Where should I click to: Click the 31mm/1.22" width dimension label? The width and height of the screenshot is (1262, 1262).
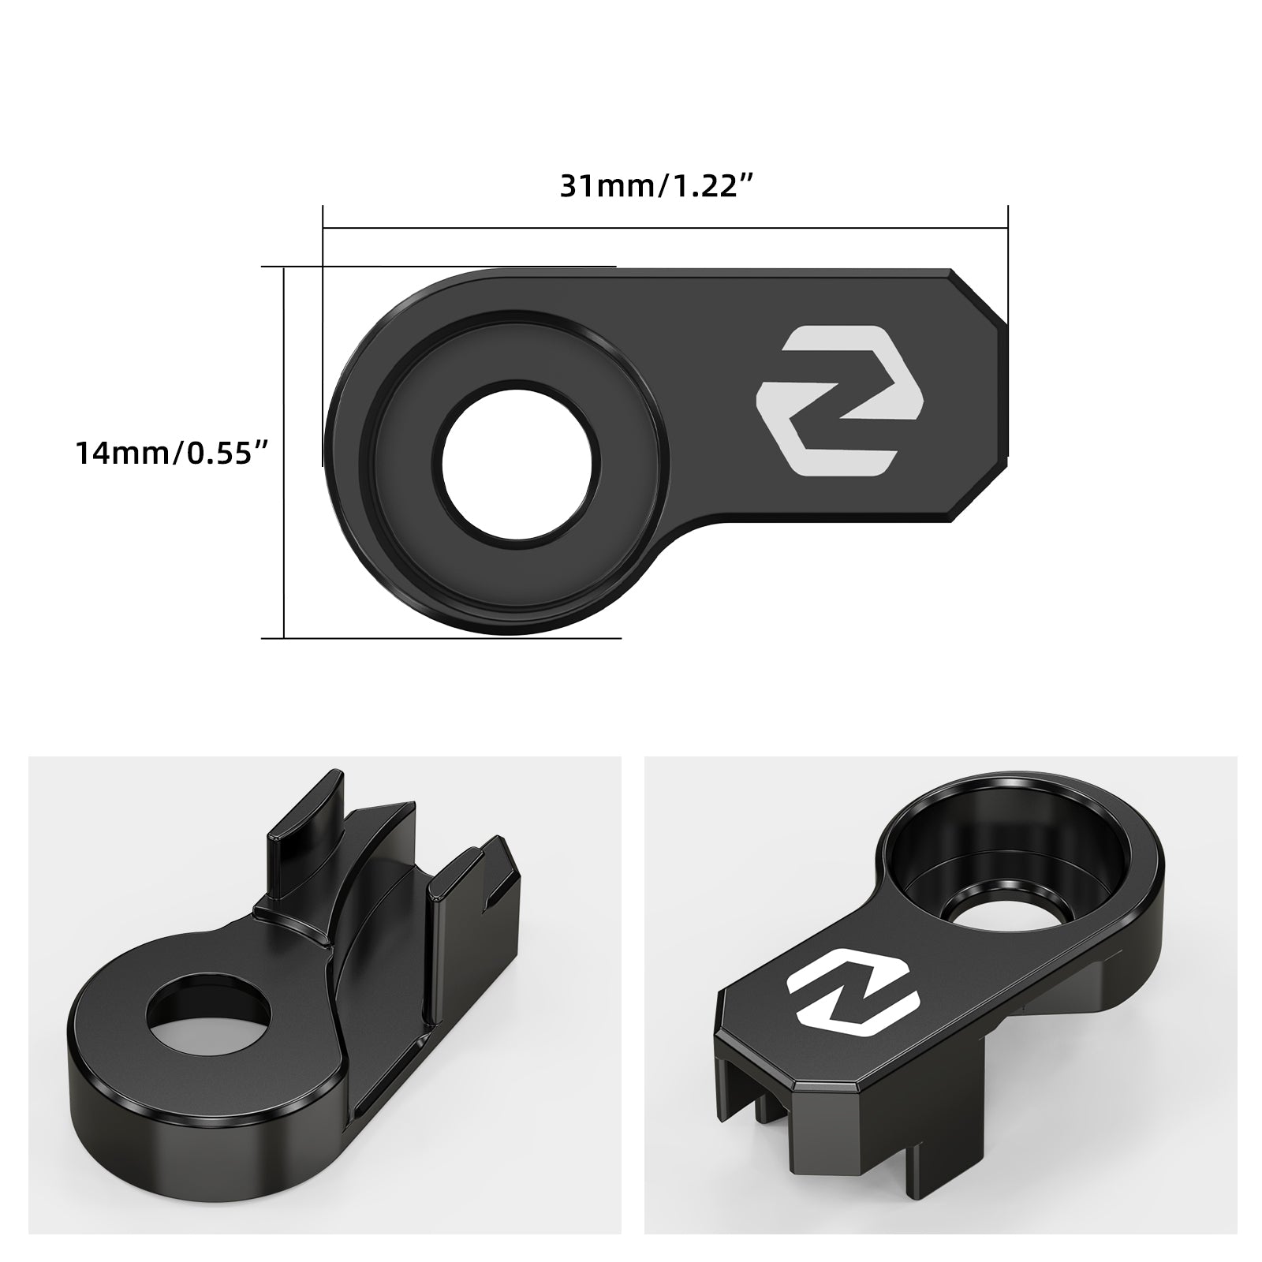658,187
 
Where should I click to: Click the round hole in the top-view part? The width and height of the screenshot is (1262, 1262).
520,462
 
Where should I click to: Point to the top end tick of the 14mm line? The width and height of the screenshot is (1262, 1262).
284,267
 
